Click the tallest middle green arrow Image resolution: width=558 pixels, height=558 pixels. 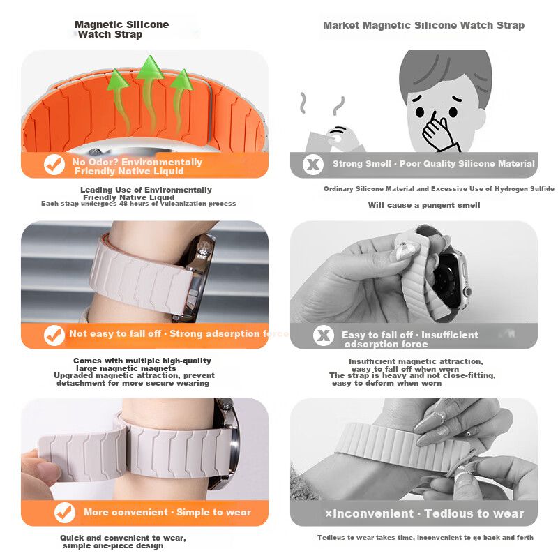[x=149, y=93]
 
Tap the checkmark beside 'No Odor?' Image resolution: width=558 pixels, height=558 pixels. [x=54, y=165]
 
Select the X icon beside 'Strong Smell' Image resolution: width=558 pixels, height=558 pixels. [x=312, y=165]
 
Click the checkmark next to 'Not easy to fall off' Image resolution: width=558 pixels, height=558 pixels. [x=54, y=335]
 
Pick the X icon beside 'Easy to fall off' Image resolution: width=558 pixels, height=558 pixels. [x=323, y=335]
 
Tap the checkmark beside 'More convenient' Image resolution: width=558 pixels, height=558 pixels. [x=65, y=513]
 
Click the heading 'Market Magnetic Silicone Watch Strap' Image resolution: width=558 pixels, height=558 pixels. [x=423, y=25]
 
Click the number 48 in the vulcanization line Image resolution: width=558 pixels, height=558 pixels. [x=123, y=204]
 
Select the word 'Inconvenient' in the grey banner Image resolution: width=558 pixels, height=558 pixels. [x=372, y=513]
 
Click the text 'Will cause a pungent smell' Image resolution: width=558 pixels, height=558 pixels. [x=424, y=205]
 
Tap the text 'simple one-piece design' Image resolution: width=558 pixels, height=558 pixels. [x=113, y=545]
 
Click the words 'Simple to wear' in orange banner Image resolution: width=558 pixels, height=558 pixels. [x=213, y=512]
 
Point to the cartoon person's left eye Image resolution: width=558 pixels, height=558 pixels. [x=453, y=112]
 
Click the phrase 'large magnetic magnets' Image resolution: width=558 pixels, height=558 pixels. [x=126, y=368]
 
